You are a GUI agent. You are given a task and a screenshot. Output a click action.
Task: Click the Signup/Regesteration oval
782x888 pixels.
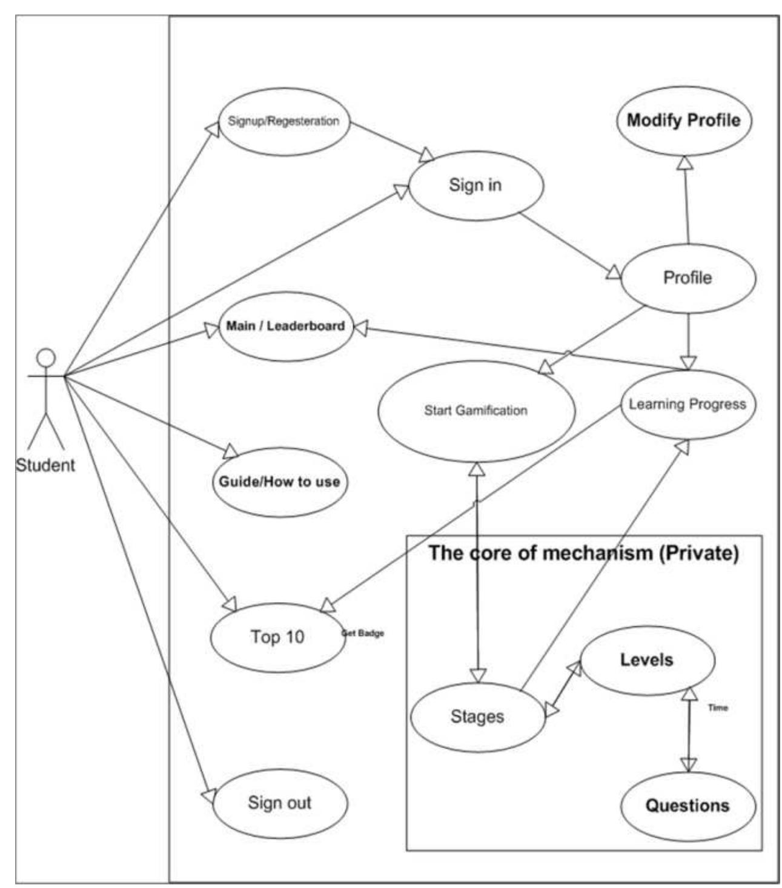point(283,121)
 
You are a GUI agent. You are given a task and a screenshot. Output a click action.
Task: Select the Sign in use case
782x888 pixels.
point(475,185)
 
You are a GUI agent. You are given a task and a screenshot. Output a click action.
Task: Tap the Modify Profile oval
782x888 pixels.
point(683,120)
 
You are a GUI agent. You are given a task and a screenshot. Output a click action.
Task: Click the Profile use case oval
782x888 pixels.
point(688,278)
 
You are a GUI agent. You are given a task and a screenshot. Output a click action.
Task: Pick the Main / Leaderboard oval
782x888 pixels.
point(285,326)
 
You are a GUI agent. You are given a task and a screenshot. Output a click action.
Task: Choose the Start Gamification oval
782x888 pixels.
point(475,411)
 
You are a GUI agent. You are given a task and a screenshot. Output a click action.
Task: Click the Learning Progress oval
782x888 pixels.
point(688,404)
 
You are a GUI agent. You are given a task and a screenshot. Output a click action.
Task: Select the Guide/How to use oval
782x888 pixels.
point(279,482)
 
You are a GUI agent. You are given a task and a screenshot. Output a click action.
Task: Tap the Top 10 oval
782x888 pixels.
point(277,637)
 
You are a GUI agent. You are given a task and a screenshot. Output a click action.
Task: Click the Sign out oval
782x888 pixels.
point(279,803)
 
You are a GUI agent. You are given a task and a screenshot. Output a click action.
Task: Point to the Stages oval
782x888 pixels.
point(477,717)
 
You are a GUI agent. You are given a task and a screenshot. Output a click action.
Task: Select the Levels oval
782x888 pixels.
point(646,660)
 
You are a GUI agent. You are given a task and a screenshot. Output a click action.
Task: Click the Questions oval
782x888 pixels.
point(688,806)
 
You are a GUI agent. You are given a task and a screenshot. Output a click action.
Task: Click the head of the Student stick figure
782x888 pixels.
point(45,358)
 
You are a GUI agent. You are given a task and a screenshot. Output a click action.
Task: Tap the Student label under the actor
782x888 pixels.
point(45,465)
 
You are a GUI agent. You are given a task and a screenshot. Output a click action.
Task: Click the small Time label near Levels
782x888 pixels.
point(718,707)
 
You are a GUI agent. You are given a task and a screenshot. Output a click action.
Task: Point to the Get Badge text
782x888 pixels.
point(363,633)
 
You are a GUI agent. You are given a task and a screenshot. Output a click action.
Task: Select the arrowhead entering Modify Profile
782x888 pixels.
point(684,162)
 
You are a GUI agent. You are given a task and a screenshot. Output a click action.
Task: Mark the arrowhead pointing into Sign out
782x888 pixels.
point(208,796)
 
